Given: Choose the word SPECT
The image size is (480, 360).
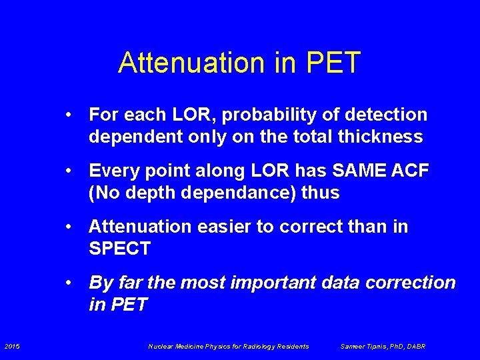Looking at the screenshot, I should pyautogui.click(x=119, y=249).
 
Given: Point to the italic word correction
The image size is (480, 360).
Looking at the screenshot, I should pyautogui.click(x=413, y=283).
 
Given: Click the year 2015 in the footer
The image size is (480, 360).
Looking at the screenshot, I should pyautogui.click(x=12, y=346).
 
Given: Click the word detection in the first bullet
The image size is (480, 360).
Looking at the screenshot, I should pyautogui.click(x=391, y=115).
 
